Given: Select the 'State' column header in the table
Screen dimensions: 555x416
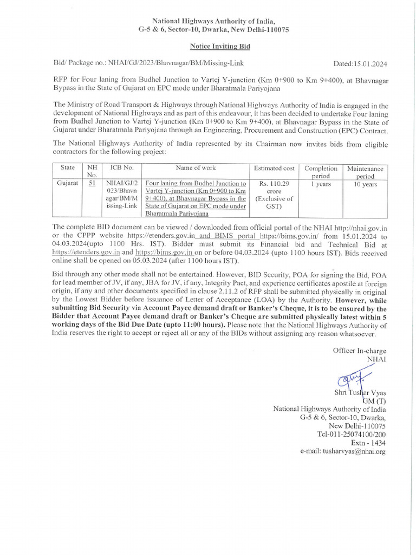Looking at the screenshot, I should click(x=68, y=168).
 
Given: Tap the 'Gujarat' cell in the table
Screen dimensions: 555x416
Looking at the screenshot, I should click(x=68, y=184).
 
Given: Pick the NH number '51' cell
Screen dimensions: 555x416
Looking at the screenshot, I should click(x=92, y=184).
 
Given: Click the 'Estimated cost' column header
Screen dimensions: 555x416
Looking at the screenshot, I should click(x=275, y=169).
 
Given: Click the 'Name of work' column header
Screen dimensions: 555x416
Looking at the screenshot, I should click(x=196, y=168).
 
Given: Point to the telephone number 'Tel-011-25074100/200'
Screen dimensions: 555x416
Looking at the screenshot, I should click(x=351, y=434).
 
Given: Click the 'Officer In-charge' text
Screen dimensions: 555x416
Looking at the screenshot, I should click(x=359, y=350).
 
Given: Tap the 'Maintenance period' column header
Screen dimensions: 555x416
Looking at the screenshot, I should click(x=365, y=172).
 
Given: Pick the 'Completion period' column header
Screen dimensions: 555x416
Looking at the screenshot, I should click(x=321, y=172).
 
